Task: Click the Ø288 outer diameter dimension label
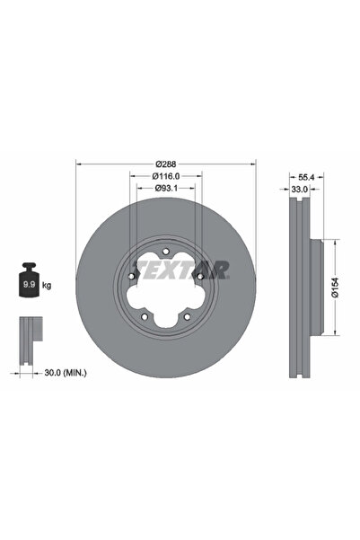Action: tap(166, 163)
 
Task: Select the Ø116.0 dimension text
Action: tap(166, 176)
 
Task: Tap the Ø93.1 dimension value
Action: tap(166, 189)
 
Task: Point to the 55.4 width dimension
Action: tap(304, 177)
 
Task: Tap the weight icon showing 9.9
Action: tap(28, 283)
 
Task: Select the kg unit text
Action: tap(46, 285)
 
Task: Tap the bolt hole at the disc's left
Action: tap(133, 277)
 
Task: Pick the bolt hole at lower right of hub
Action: tap(186, 314)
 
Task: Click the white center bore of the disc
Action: tap(166, 288)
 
